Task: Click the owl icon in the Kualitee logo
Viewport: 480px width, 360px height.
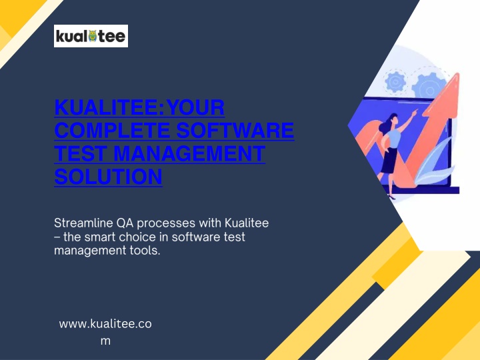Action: (x=93, y=36)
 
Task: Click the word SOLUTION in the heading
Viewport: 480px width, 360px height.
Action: (x=109, y=176)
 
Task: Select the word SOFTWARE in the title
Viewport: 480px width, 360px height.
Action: (x=235, y=130)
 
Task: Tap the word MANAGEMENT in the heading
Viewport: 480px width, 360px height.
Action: (x=189, y=153)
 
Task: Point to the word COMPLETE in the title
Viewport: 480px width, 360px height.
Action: (x=112, y=130)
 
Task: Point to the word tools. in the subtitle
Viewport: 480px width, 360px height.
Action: (x=145, y=251)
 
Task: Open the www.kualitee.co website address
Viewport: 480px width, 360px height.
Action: (x=105, y=324)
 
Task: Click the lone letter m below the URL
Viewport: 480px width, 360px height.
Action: (x=105, y=341)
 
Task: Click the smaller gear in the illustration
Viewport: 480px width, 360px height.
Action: (x=395, y=81)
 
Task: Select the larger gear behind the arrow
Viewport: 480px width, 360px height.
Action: (x=429, y=86)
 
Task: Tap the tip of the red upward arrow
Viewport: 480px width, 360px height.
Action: (x=458, y=73)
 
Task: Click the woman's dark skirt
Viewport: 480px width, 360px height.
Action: (x=389, y=161)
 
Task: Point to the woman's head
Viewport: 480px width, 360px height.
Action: (x=393, y=119)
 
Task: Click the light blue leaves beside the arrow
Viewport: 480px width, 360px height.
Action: (x=434, y=162)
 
